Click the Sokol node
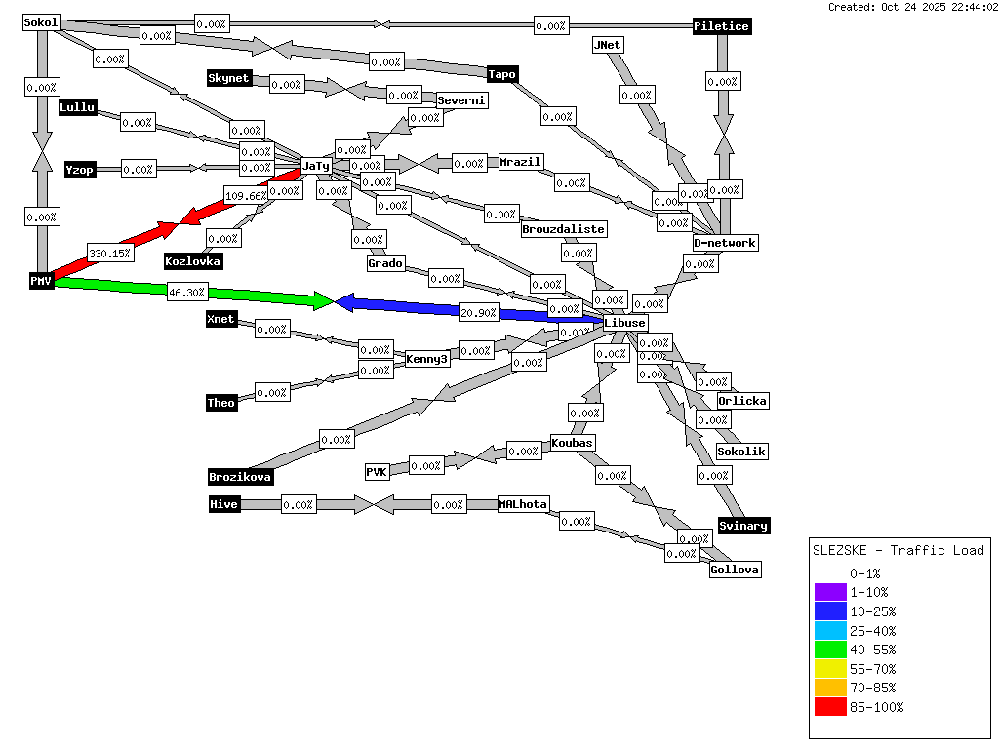point(41,22)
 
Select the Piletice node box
point(722,26)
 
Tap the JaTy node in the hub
point(316,166)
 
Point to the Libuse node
point(624,323)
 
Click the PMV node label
point(40,281)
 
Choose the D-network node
point(725,243)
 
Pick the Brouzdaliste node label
point(564,229)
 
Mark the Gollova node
point(735,570)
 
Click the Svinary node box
point(743,526)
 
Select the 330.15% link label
point(109,254)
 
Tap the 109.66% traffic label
point(245,195)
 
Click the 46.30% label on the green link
point(186,292)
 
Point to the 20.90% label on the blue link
point(479,313)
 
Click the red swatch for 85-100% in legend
point(830,707)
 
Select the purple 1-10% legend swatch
point(830,592)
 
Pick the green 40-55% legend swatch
point(830,650)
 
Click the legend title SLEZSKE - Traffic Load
point(899,550)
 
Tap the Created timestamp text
point(912,7)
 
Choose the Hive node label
point(224,504)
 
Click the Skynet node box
point(229,78)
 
